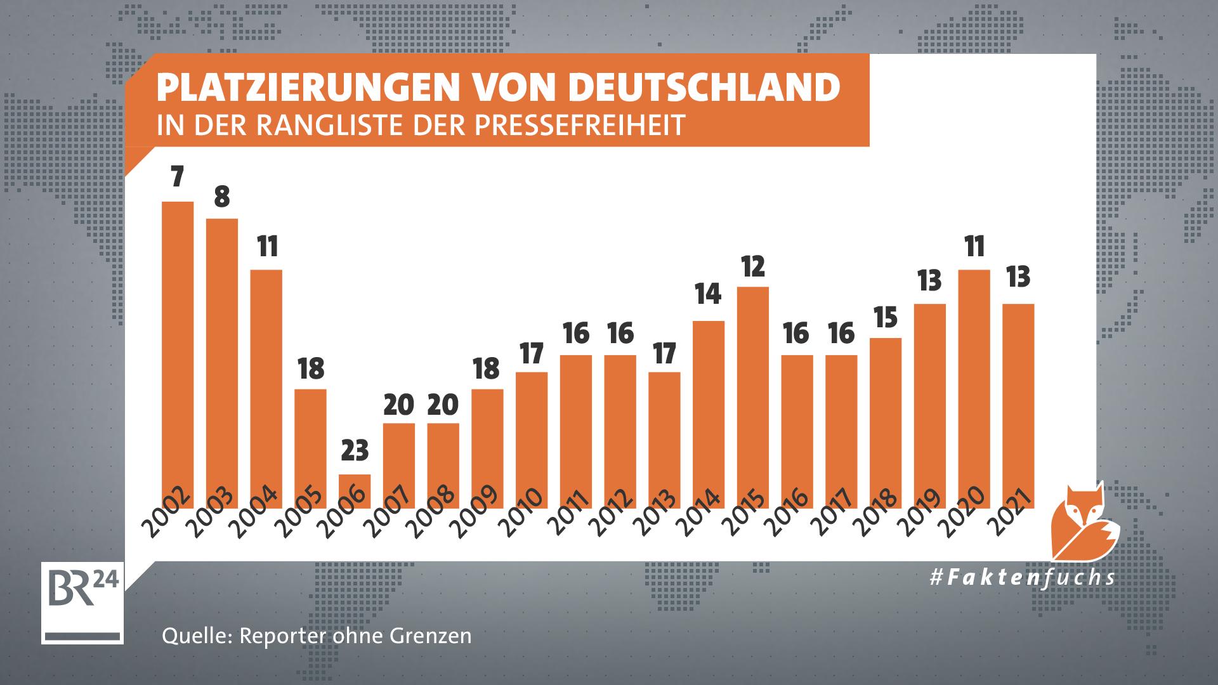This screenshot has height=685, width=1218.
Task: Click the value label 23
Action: (355, 451)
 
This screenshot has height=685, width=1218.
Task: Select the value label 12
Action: (753, 267)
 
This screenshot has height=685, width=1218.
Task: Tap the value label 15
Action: (886, 317)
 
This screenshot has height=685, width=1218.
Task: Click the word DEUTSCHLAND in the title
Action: (704, 88)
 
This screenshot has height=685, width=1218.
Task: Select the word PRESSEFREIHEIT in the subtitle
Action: (580, 125)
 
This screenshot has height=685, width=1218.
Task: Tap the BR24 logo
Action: (82, 602)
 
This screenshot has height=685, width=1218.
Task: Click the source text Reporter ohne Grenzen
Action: (355, 636)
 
